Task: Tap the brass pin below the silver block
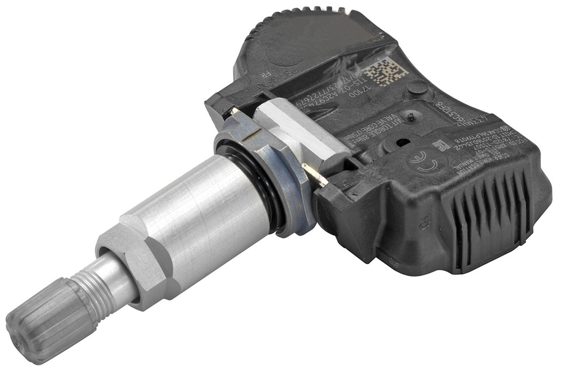314,174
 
